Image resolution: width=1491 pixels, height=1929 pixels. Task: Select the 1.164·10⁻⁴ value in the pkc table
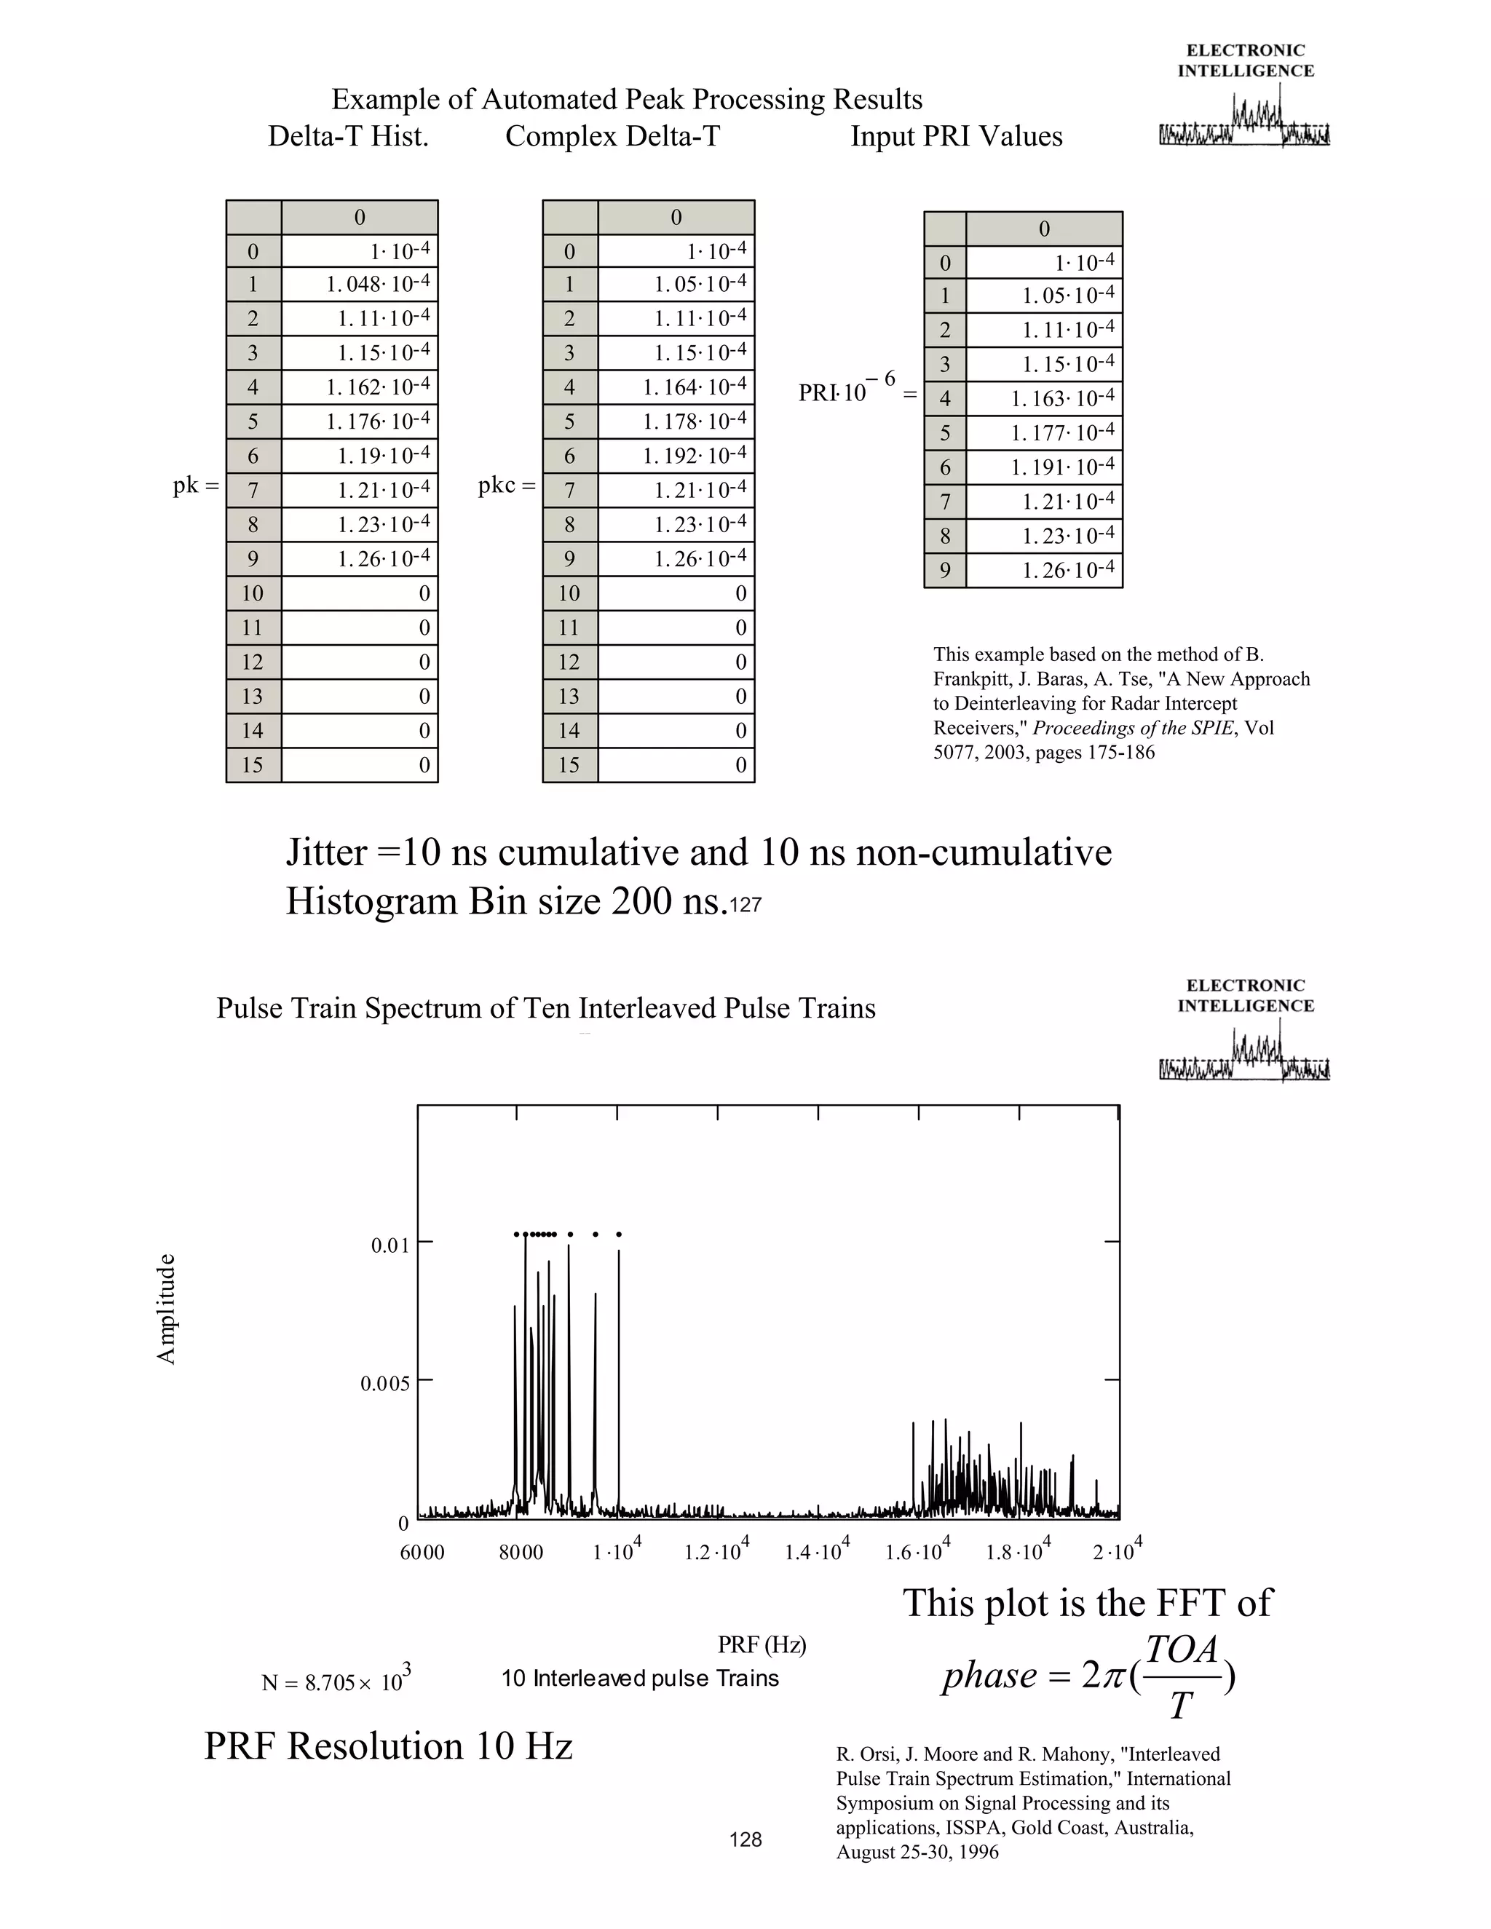click(695, 387)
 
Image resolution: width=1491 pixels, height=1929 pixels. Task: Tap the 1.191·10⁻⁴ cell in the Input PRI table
click(1063, 467)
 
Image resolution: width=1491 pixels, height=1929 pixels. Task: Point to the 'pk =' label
click(195, 485)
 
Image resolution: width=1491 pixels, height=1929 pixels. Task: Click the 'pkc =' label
click(506, 485)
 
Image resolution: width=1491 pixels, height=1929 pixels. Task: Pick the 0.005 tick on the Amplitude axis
click(385, 1383)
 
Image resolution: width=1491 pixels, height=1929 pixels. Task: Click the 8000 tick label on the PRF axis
click(521, 1552)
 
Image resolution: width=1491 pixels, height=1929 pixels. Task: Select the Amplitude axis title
click(166, 1308)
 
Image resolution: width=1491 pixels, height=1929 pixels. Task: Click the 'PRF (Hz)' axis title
click(762, 1644)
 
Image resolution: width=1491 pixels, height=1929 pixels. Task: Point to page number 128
click(745, 1839)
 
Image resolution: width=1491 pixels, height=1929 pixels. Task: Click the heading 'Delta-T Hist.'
click(348, 137)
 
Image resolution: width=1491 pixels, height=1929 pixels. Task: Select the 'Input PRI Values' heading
click(956, 137)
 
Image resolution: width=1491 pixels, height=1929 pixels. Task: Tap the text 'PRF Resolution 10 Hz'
click(389, 1746)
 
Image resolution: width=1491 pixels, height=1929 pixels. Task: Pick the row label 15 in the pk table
click(253, 765)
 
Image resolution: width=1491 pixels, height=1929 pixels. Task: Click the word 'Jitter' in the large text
click(326, 852)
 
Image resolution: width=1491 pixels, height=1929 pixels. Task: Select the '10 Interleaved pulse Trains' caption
click(639, 1678)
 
